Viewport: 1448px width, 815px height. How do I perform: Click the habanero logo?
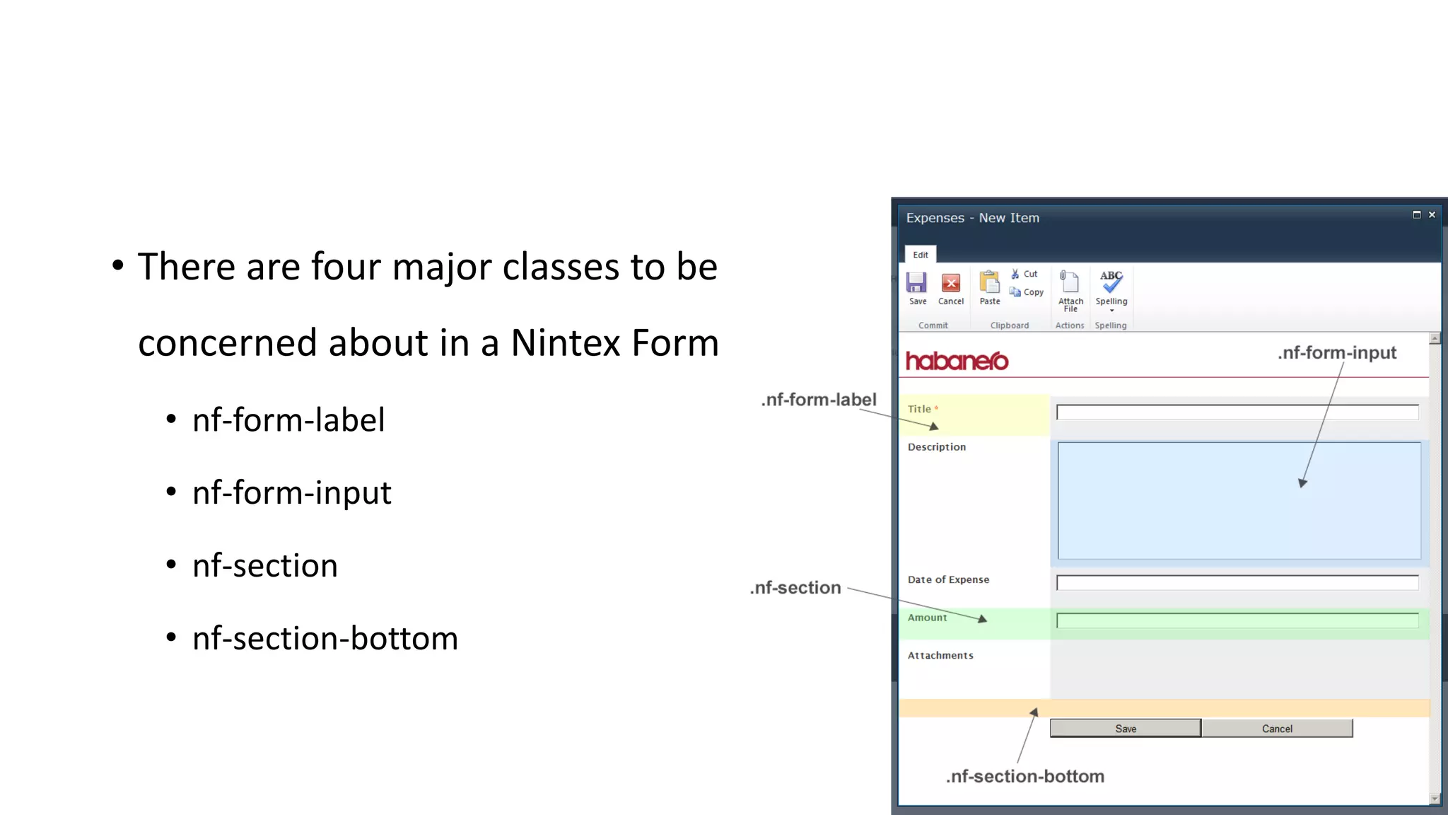coord(957,361)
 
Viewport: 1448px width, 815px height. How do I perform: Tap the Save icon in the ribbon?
coord(917,284)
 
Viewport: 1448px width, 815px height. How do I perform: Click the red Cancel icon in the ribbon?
coord(951,284)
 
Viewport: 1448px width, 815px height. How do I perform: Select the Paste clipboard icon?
coord(990,283)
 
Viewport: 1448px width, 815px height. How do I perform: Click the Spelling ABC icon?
coord(1111,282)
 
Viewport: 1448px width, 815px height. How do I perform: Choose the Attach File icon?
coord(1070,283)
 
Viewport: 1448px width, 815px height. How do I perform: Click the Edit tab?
coord(921,255)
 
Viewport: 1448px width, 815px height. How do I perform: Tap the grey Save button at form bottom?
coord(1126,729)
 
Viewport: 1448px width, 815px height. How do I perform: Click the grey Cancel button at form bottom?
coord(1277,729)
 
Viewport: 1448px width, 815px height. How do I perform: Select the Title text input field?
coord(1237,412)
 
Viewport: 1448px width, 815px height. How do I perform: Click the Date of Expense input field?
coord(1237,583)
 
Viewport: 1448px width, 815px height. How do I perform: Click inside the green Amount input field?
coord(1237,621)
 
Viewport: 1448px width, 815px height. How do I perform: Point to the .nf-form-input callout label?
coord(1337,352)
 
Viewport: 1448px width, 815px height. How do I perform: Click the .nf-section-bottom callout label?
coord(1025,776)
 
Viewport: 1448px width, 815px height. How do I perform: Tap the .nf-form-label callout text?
coord(819,400)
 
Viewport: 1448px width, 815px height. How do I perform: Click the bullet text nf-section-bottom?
coord(325,638)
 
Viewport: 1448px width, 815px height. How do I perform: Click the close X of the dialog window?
coord(1432,214)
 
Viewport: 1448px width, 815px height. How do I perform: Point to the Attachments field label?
coord(940,656)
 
